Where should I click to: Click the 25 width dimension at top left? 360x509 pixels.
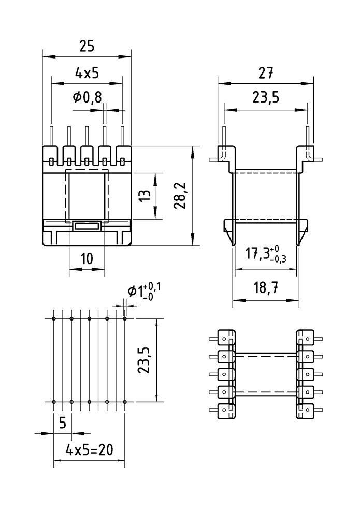pyautogui.click(x=87, y=47)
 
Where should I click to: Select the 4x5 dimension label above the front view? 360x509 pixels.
pyautogui.click(x=87, y=74)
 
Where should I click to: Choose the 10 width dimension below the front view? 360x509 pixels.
pyautogui.click(x=87, y=258)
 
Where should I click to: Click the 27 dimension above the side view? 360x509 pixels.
pyautogui.click(x=266, y=74)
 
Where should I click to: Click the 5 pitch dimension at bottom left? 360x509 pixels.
pyautogui.click(x=62, y=423)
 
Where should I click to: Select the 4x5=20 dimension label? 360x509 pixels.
pyautogui.click(x=90, y=450)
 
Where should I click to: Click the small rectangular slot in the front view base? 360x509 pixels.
pyautogui.click(x=87, y=226)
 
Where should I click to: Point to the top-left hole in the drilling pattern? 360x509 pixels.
pyautogui.click(x=54, y=318)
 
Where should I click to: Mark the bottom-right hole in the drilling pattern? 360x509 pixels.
pyautogui.click(x=125, y=402)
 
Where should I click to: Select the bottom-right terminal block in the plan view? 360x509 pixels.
pyautogui.click(x=305, y=410)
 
